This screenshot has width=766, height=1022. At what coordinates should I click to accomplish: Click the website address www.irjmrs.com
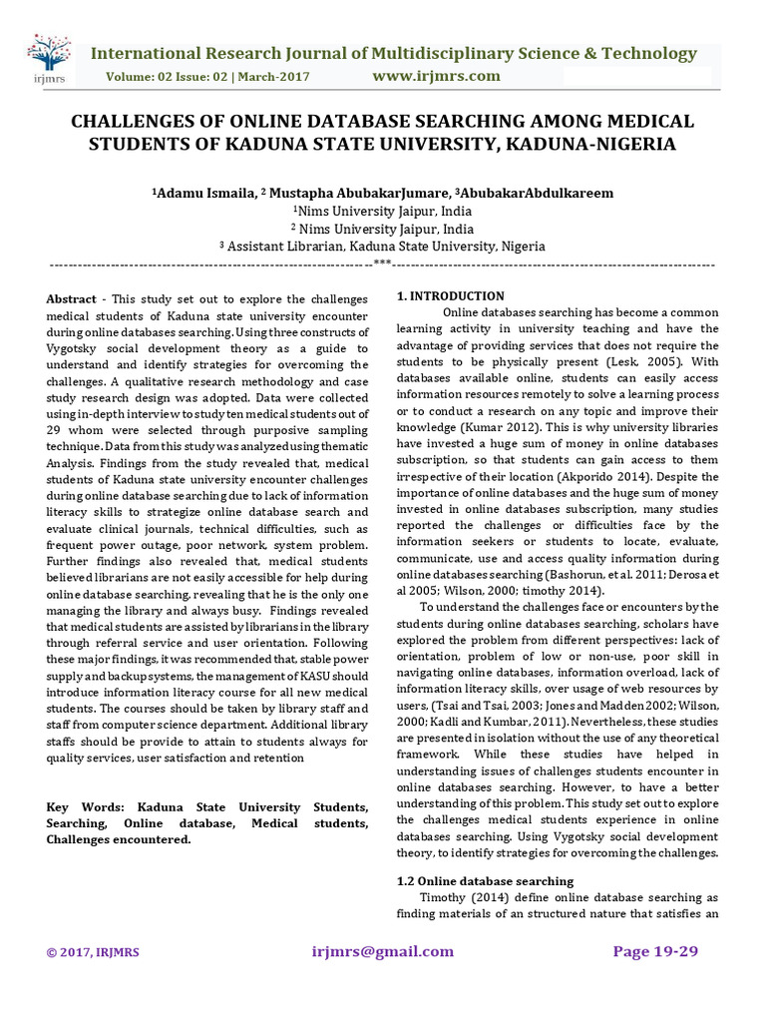[436, 76]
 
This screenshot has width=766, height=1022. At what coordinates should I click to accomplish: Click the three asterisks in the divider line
[382, 264]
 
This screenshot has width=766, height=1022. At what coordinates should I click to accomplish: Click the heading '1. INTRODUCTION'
[451, 296]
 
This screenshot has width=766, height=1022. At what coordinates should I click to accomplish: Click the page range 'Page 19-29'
[655, 951]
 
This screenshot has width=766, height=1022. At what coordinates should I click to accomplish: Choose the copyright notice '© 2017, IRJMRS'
[93, 952]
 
